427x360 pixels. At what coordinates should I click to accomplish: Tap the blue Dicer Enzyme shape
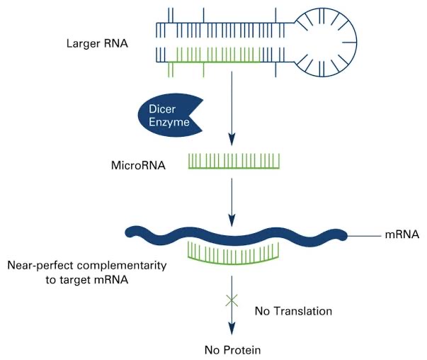click(164, 114)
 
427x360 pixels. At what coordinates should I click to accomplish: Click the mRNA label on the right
click(401, 234)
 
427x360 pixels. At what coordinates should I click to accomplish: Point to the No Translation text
click(294, 310)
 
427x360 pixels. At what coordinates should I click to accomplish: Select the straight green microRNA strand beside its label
click(233, 162)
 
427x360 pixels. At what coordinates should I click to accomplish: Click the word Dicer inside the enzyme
click(164, 108)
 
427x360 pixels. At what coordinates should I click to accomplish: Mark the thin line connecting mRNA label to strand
click(365, 234)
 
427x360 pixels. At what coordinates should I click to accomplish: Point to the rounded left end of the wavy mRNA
click(130, 232)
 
